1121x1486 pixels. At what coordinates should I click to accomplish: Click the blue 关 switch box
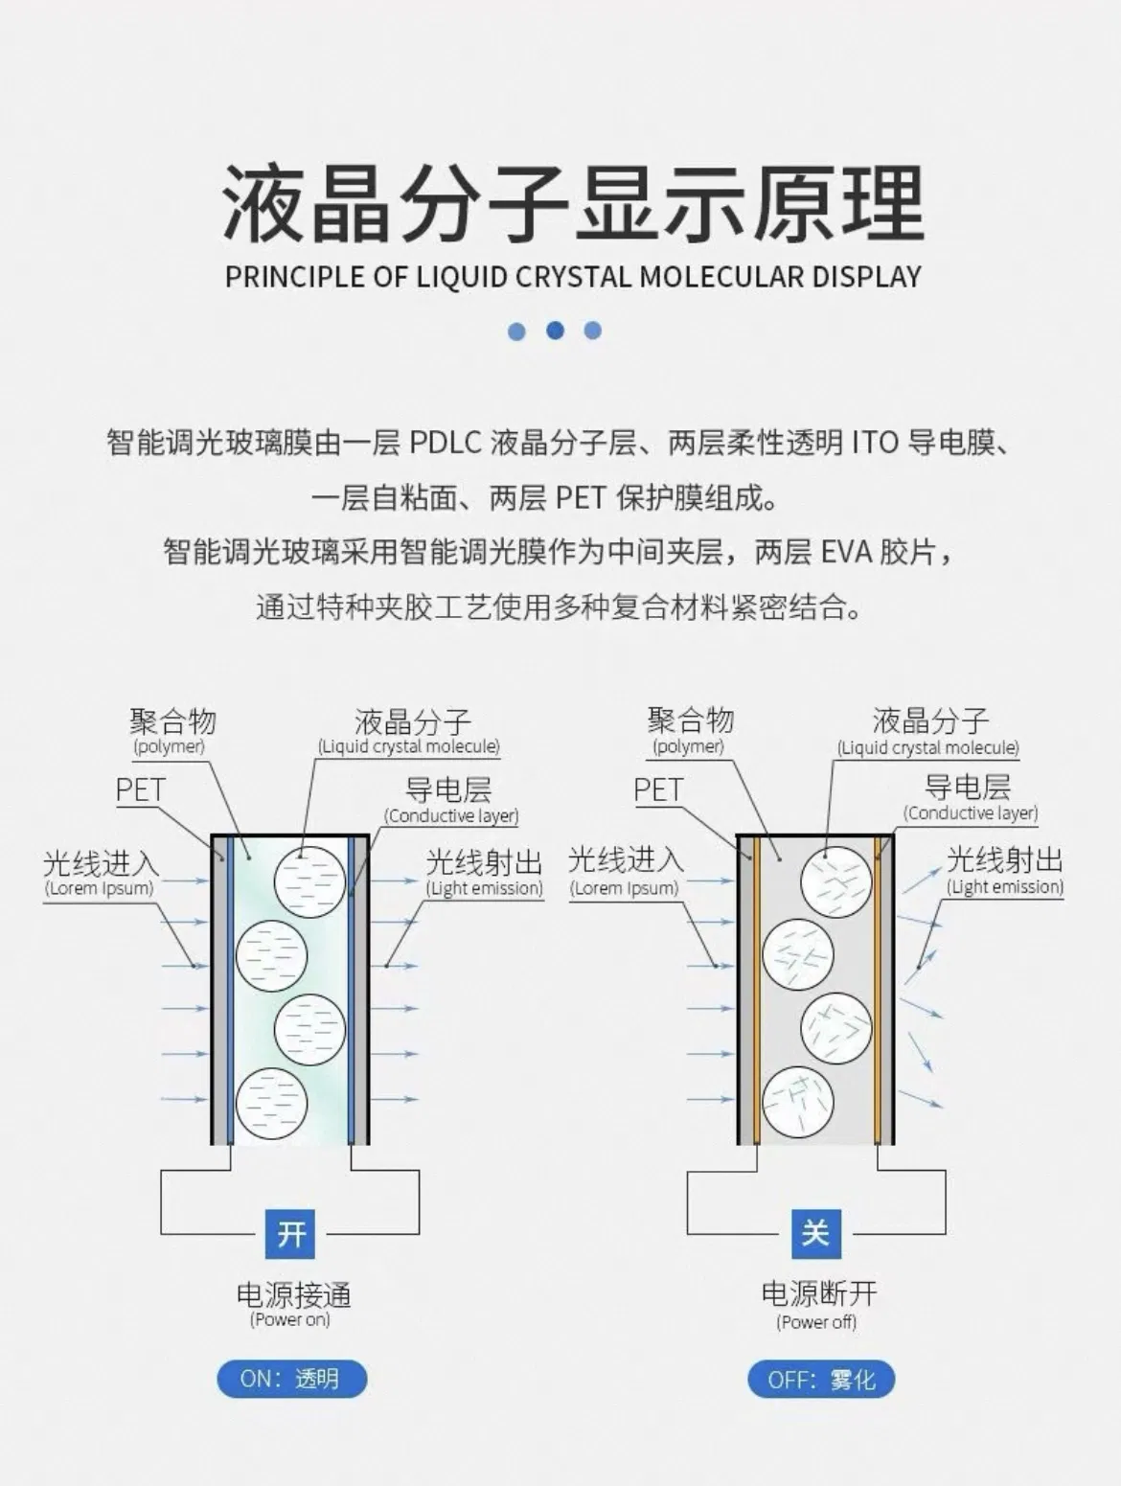[815, 1233]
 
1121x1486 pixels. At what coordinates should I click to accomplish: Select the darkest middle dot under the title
[555, 331]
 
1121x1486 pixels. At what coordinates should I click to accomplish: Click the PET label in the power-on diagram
[140, 790]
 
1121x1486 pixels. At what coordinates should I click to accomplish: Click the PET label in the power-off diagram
[658, 790]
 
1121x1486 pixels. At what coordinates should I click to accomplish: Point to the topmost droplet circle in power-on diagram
[310, 880]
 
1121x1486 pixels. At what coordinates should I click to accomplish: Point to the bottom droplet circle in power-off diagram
[798, 1103]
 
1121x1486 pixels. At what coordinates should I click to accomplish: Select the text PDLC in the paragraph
[446, 443]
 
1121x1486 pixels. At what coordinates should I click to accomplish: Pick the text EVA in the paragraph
[845, 553]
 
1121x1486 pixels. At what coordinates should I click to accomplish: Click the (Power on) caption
[289, 1319]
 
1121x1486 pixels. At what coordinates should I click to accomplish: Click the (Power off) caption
[816, 1321]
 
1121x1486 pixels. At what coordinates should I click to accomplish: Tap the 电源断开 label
[819, 1293]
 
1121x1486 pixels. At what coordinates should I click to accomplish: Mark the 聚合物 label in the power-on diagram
[172, 721]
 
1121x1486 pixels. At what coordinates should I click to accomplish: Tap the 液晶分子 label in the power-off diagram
[930, 721]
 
